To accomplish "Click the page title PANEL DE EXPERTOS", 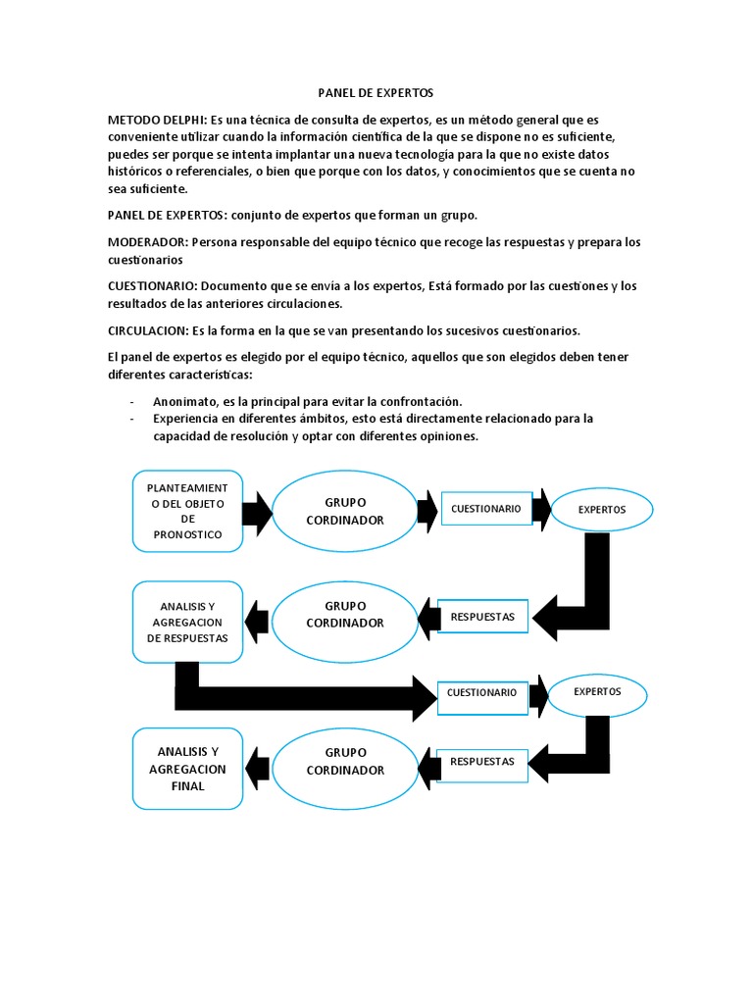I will [x=376, y=92].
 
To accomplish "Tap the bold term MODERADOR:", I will [x=148, y=242].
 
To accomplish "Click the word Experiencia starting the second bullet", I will [x=186, y=419].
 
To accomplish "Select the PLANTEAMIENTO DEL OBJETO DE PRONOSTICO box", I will [x=187, y=511].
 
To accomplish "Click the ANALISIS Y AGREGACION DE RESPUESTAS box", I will [x=187, y=622].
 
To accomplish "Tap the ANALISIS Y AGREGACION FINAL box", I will [x=187, y=769].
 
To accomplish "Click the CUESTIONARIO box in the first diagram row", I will [x=485, y=509].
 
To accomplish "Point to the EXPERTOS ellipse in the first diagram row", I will [x=601, y=510].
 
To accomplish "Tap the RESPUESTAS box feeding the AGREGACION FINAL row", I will [x=481, y=761].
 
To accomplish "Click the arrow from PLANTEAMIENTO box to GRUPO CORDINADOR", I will [x=257, y=511].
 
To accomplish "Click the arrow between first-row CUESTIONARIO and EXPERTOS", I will [x=541, y=509].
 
